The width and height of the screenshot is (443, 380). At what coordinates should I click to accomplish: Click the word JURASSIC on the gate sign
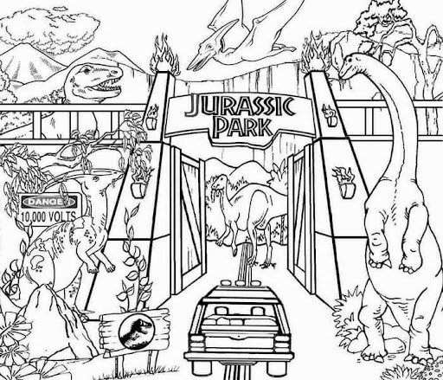coord(240,106)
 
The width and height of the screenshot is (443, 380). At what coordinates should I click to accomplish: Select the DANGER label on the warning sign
coord(49,202)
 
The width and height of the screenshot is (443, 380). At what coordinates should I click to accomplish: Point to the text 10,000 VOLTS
coord(48,216)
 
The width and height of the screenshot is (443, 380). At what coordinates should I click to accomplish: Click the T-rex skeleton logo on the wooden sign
coord(136,331)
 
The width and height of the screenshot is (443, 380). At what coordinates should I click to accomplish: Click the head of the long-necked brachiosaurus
coord(350,67)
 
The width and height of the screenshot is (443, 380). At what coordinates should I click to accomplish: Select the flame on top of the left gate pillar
coord(164,55)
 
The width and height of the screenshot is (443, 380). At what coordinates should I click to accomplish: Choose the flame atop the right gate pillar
coord(314,55)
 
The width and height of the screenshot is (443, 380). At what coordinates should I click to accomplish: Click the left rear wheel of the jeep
coord(202,369)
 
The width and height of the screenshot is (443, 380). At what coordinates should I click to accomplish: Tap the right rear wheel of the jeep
coord(277,369)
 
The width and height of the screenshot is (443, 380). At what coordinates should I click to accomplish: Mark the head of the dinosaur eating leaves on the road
coord(218,182)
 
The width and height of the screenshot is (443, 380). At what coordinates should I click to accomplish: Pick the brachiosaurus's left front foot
coord(378,261)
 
